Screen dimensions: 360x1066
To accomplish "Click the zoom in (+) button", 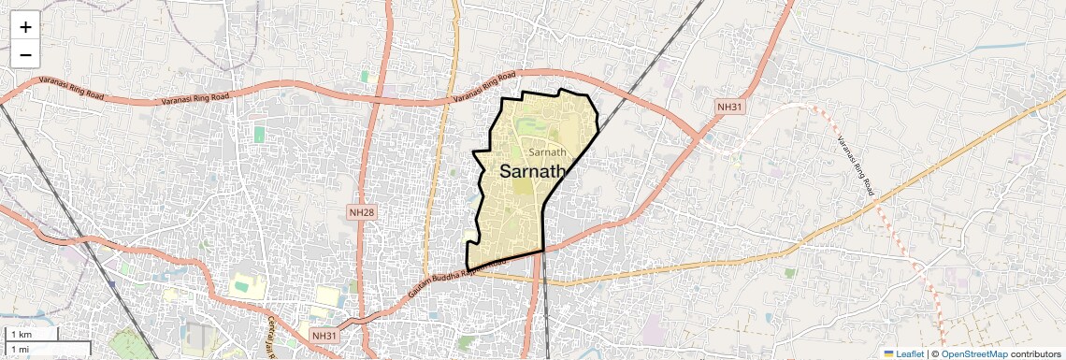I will pos(25,27).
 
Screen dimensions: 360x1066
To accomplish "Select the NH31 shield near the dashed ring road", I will pos(729,108).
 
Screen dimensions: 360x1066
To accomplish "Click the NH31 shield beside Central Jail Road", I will pos(323,334).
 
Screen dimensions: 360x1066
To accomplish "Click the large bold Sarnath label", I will pos(534,172).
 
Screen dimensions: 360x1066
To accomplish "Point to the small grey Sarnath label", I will pos(547,151).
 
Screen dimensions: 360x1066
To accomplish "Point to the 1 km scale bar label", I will pos(21,335).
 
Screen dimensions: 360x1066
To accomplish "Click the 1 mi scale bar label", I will pos(20,350).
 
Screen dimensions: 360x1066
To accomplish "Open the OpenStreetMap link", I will pos(973,353).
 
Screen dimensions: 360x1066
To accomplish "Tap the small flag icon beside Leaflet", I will pos(889,353).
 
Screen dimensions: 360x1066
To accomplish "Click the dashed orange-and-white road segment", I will pos(898,224).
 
